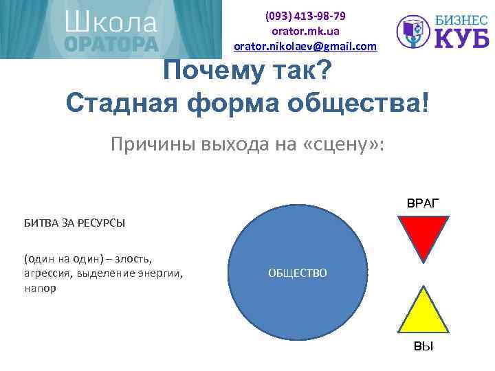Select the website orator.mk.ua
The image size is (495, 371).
pyautogui.click(x=305, y=31)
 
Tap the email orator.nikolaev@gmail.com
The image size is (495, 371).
pyautogui.click(x=305, y=46)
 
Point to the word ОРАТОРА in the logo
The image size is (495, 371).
pyautogui.click(x=111, y=44)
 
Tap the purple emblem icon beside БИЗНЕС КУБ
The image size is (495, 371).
pyautogui.click(x=414, y=32)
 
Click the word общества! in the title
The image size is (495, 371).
pyautogui.click(x=364, y=104)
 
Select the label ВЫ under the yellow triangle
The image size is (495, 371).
pyautogui.click(x=423, y=346)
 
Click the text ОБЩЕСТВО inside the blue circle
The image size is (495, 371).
pyautogui.click(x=298, y=273)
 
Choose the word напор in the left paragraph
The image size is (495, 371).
pyautogui.click(x=40, y=289)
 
